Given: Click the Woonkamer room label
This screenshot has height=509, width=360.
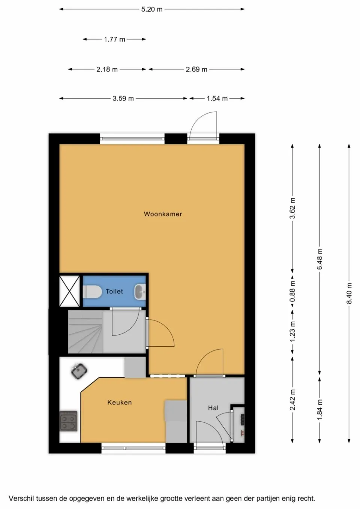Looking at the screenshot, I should (163, 214).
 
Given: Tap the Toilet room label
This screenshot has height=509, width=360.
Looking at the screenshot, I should (114, 291).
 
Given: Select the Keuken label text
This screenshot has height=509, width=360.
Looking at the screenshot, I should (119, 402).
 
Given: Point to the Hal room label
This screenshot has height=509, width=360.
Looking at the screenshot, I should (213, 407).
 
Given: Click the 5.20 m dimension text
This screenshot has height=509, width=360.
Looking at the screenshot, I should (151, 9).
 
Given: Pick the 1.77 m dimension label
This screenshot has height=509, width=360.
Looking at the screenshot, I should (114, 39).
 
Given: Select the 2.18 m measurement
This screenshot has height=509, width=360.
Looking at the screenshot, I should (107, 69).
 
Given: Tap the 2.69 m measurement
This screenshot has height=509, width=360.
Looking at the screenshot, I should (196, 69).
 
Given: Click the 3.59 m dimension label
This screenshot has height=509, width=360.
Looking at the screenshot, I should (123, 99).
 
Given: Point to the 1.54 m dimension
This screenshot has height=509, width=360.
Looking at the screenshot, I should (217, 99).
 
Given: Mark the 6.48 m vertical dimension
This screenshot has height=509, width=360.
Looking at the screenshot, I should (319, 259).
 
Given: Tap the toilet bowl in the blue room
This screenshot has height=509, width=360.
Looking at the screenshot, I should (91, 292).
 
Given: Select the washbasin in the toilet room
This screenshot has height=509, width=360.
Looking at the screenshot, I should (139, 292).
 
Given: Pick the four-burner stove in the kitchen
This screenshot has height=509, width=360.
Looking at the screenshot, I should (68, 421).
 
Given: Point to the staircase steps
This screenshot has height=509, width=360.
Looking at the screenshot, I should (85, 331).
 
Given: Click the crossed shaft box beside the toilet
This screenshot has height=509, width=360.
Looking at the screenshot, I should (70, 291).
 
